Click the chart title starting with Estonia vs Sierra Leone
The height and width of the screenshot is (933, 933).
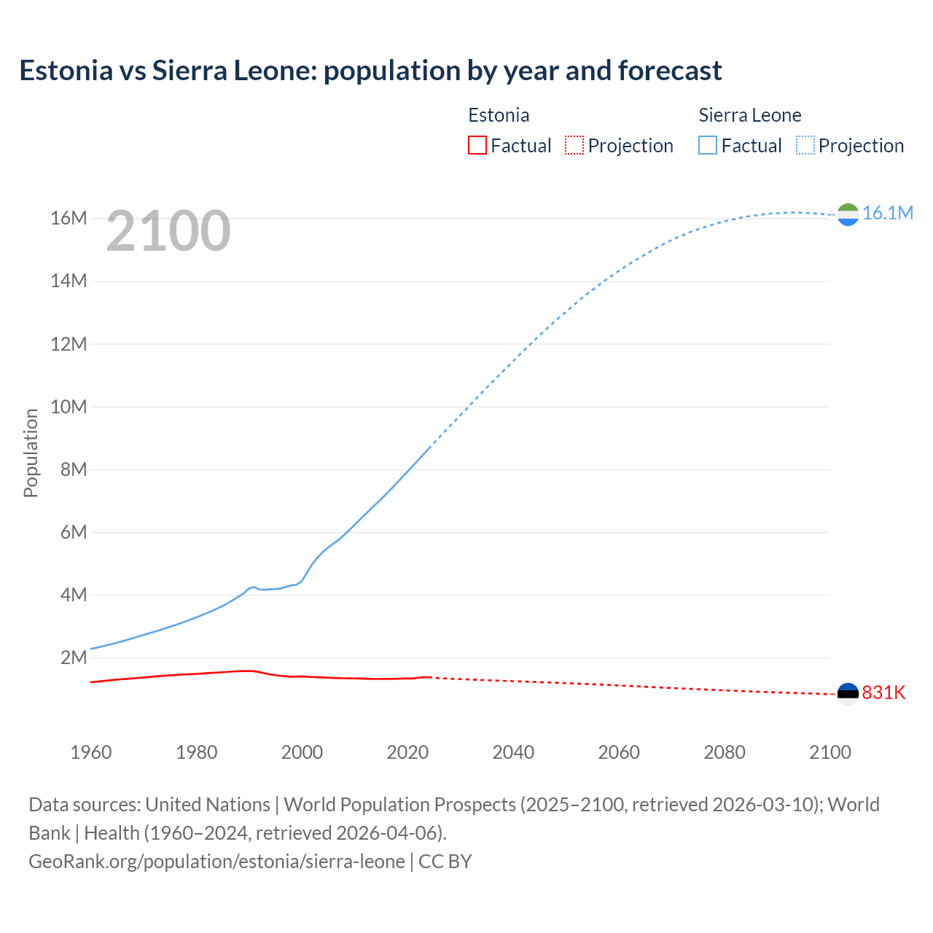pos(370,71)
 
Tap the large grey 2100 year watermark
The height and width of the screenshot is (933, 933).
pos(168,231)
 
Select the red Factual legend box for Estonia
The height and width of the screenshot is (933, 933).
pos(477,145)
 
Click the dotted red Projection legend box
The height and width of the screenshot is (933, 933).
pos(574,145)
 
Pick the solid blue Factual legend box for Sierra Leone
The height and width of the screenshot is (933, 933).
pos(708,145)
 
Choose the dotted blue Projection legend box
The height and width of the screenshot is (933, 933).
pos(805,145)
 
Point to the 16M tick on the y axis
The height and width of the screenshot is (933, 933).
pos(69,218)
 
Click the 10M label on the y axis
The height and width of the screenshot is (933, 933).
pos(69,407)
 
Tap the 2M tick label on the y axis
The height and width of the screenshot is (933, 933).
pos(74,657)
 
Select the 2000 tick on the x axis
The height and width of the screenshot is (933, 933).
pos(302,752)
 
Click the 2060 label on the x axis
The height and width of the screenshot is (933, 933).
pos(619,752)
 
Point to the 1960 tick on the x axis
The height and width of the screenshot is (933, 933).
pos(91,752)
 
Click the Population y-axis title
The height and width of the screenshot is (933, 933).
pos(31,453)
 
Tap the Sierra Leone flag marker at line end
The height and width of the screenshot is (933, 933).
pos(848,214)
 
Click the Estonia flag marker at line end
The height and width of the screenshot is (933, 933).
pos(848,694)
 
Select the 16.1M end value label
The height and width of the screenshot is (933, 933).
pos(887,213)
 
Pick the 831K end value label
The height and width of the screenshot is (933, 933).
pos(883,692)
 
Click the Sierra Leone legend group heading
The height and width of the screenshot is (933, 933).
pos(749,115)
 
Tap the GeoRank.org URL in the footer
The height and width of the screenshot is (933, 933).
pos(216,862)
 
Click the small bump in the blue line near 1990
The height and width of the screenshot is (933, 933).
pos(252,587)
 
